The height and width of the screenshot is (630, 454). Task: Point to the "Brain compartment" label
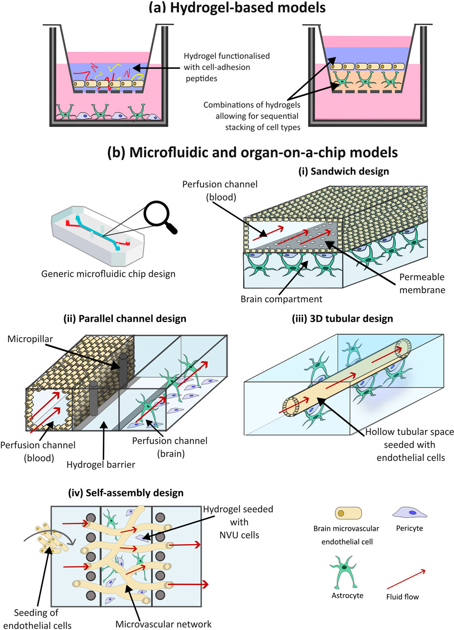click(281, 299)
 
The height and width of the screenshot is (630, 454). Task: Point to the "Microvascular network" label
click(163, 624)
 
